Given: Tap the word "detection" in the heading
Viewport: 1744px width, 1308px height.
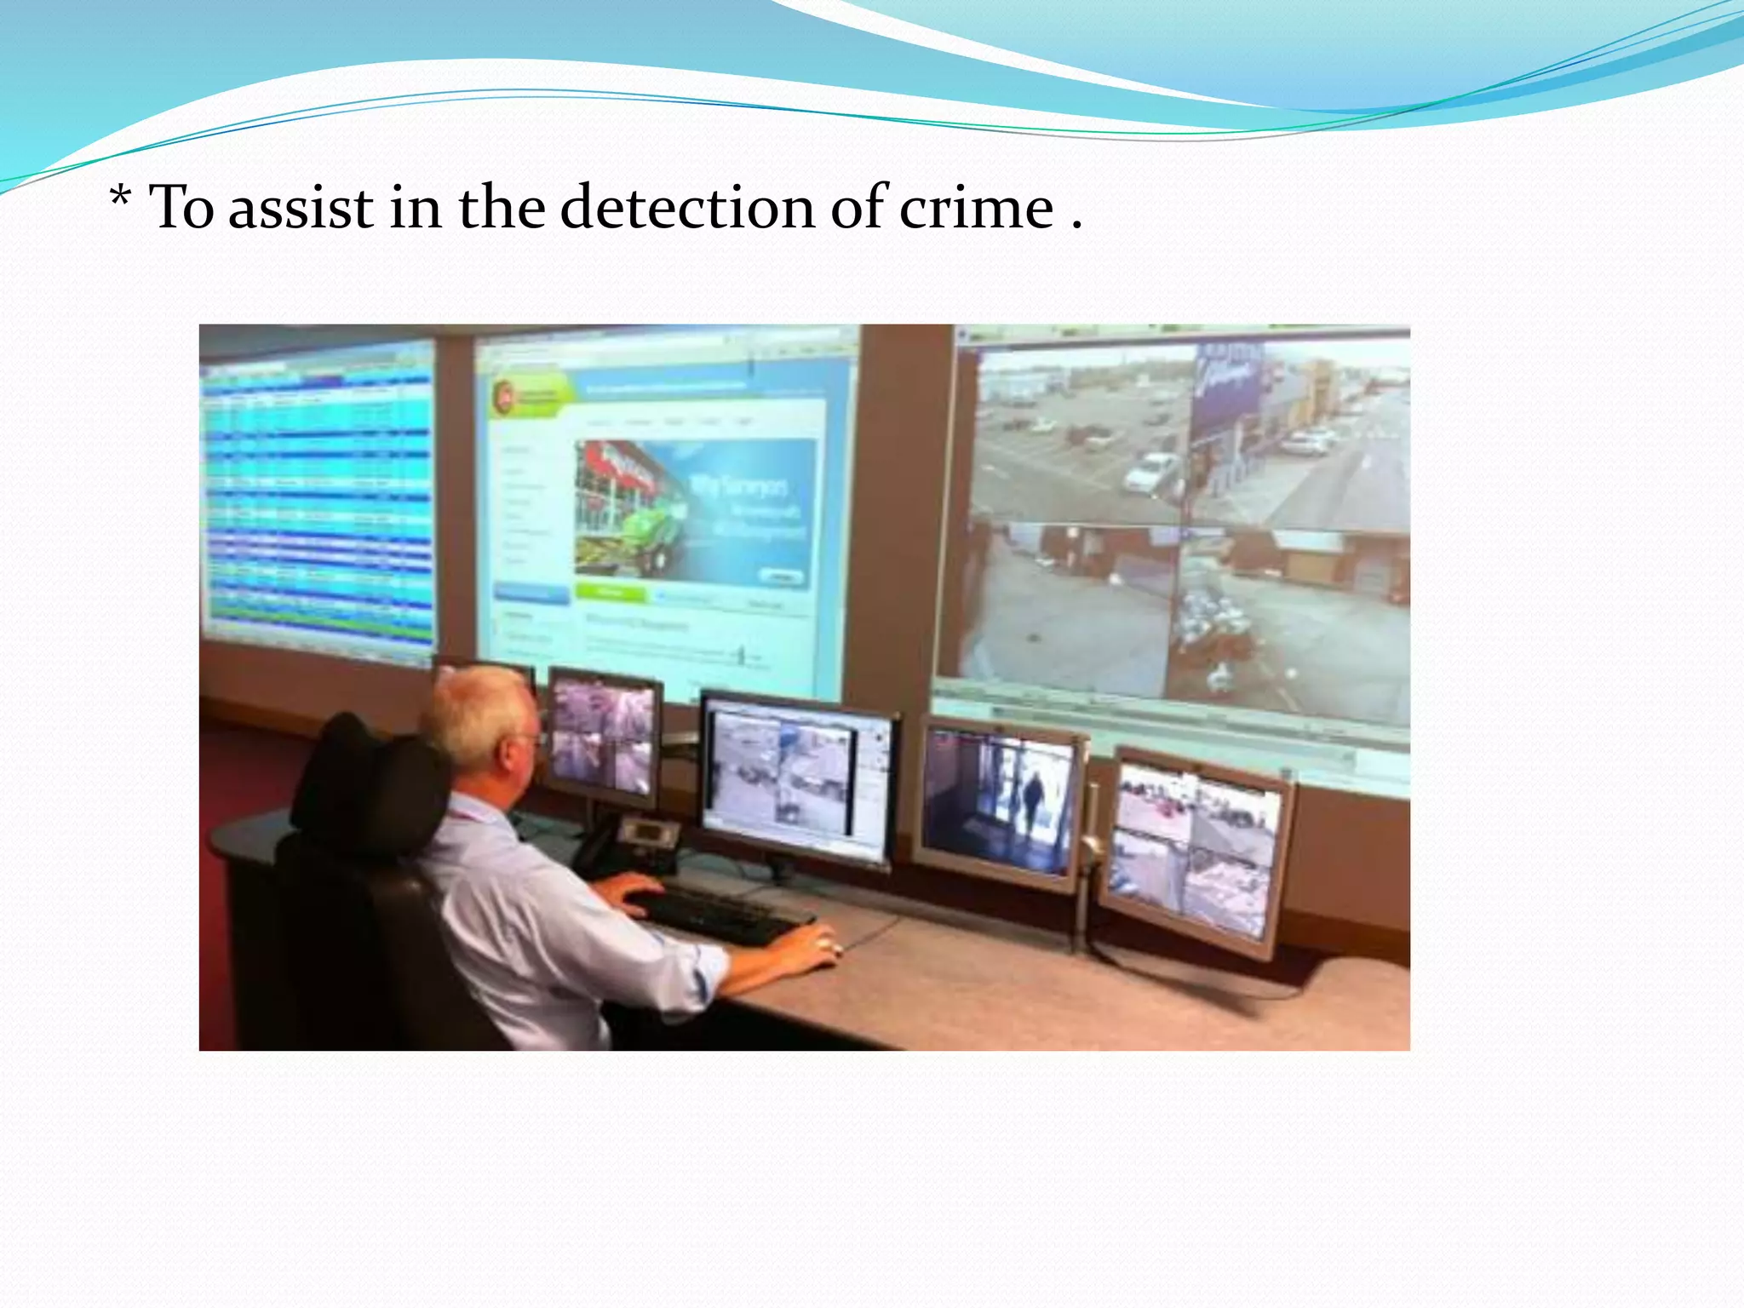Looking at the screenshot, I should [686, 208].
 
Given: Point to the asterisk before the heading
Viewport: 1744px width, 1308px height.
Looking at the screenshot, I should [120, 203].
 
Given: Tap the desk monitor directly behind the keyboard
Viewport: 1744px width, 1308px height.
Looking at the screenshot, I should [795, 775].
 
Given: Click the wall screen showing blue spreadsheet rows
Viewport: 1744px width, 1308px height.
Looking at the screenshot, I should [318, 494].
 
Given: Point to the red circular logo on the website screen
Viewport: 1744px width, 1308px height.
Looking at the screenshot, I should [504, 394].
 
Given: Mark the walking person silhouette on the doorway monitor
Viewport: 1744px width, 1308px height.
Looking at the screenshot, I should [1032, 800].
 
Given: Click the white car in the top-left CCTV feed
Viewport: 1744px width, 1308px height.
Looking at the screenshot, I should [1152, 471].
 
